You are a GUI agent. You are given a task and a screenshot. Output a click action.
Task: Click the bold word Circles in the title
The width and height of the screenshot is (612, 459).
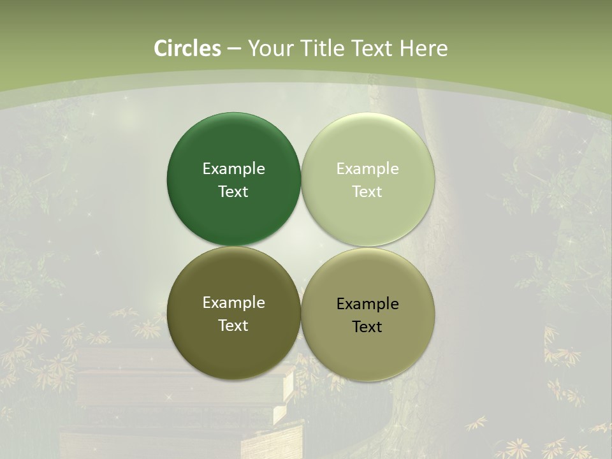click(x=187, y=48)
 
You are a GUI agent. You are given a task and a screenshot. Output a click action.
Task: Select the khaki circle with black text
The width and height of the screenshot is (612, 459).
click(x=368, y=357)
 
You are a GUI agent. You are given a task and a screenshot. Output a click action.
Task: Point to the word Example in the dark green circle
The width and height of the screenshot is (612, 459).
click(x=233, y=169)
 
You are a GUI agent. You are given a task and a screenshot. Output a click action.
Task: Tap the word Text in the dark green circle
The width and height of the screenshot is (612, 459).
click(x=233, y=192)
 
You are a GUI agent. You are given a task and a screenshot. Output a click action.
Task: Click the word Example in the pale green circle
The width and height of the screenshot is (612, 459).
click(x=367, y=169)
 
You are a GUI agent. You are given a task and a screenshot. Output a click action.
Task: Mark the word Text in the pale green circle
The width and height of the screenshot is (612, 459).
click(x=367, y=192)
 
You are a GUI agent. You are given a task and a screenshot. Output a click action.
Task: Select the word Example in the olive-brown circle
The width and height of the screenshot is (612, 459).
click(x=233, y=303)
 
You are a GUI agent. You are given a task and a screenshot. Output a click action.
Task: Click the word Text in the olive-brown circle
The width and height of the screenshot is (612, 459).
click(x=233, y=326)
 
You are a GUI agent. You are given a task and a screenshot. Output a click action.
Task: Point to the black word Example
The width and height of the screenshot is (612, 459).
click(x=367, y=304)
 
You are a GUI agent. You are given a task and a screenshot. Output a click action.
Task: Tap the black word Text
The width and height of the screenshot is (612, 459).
click(x=367, y=327)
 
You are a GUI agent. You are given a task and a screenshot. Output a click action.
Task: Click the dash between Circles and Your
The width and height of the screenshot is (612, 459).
click(x=234, y=49)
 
